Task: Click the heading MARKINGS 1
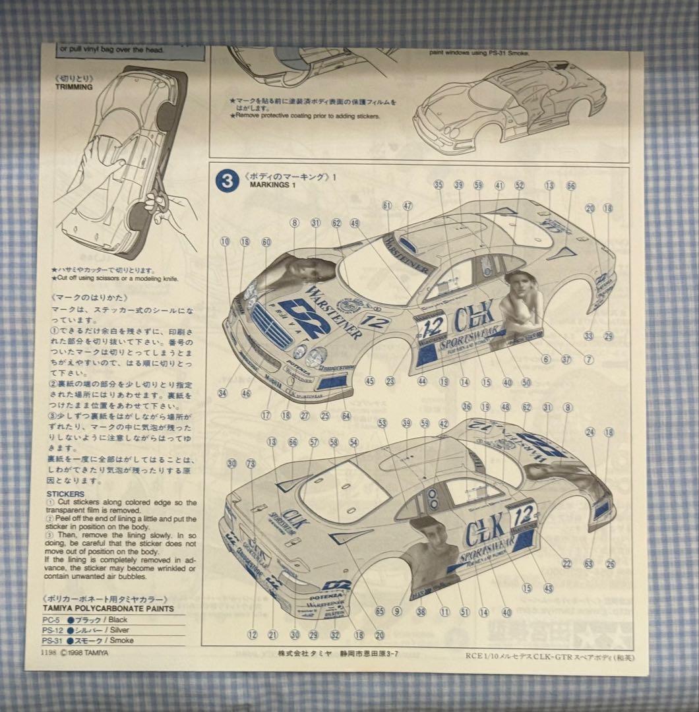[x=274, y=185]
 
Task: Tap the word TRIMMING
[x=74, y=86]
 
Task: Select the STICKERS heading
[x=66, y=493]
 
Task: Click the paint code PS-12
[x=53, y=630]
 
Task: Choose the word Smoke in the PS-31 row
[x=122, y=640]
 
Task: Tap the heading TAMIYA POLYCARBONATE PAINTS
[x=108, y=608]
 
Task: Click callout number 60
[x=266, y=242]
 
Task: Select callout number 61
[x=387, y=206]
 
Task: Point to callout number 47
[x=408, y=206]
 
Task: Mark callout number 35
[x=439, y=185]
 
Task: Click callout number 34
[x=223, y=394]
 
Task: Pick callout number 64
[x=346, y=416]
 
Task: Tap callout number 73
[x=251, y=464]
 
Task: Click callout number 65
[x=379, y=611]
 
